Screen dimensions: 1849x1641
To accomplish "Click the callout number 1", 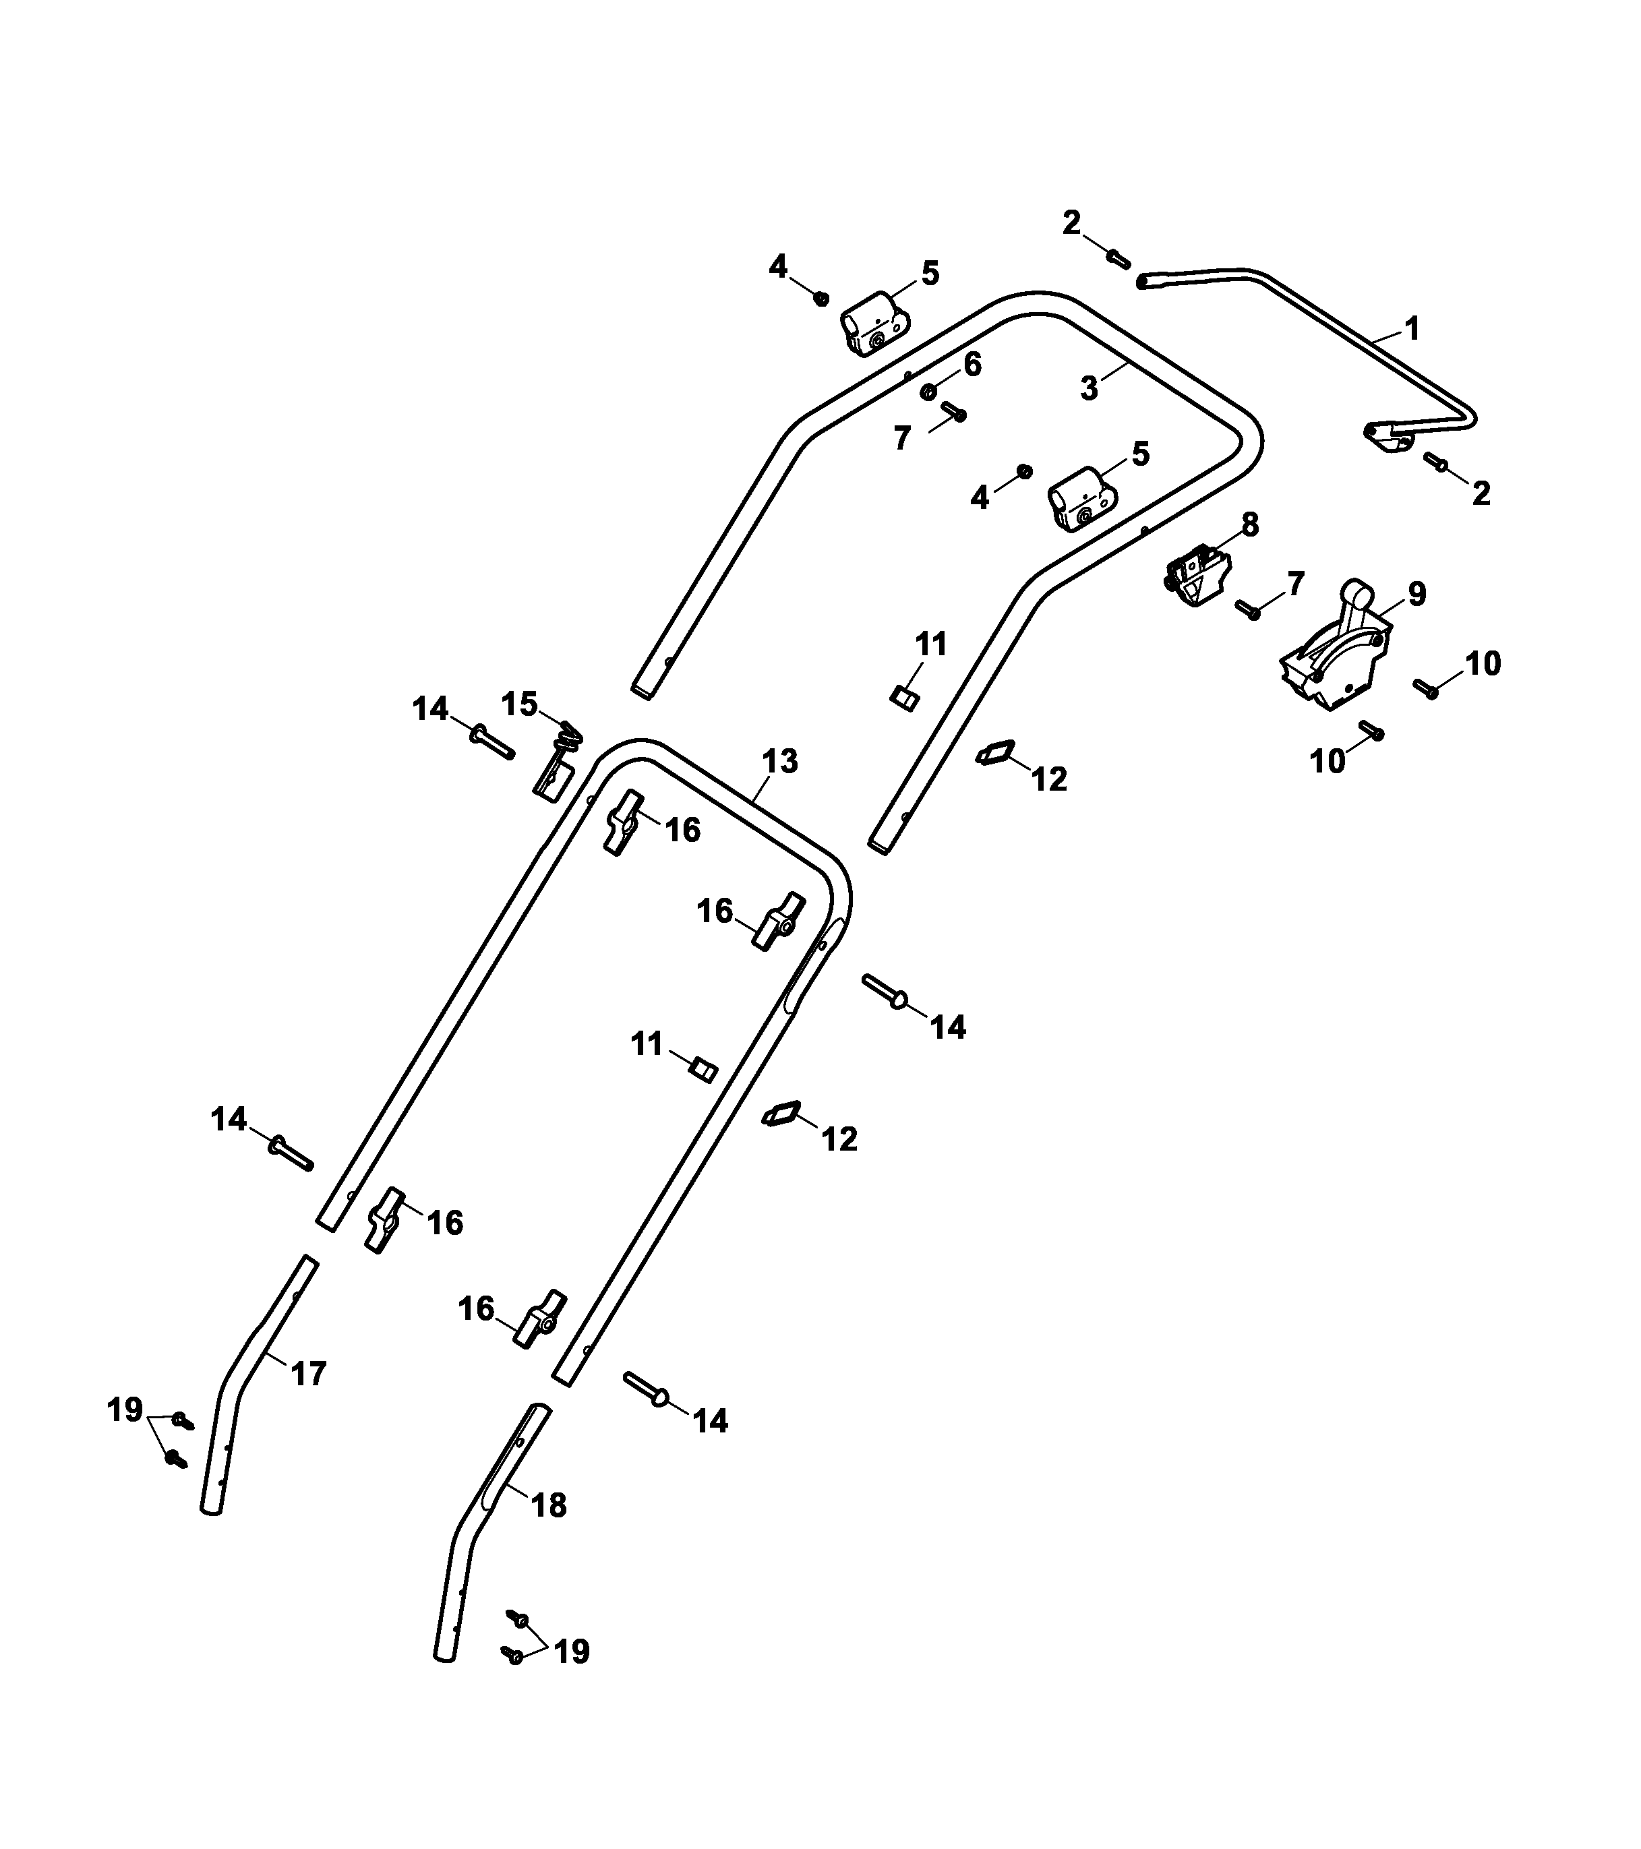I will (1411, 328).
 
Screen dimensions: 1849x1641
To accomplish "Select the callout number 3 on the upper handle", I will (1090, 389).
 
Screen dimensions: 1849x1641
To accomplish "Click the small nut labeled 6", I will (928, 392).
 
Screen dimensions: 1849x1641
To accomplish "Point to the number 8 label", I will (1249, 524).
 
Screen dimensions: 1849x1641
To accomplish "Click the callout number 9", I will (1416, 595).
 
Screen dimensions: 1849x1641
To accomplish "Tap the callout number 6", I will (972, 365).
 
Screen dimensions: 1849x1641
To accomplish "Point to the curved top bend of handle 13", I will (638, 749).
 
